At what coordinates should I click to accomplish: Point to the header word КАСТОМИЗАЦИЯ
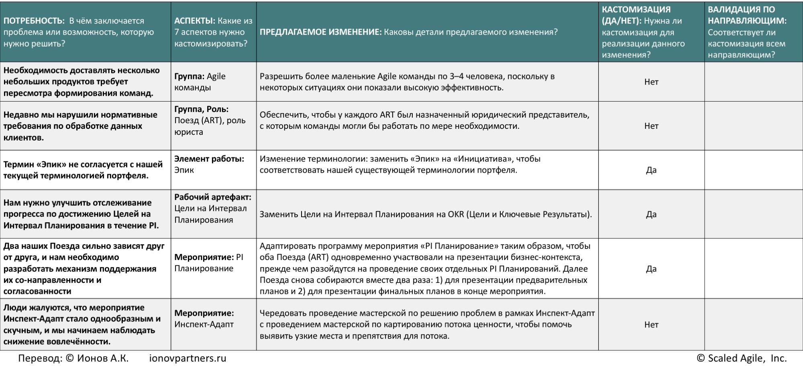tap(636, 10)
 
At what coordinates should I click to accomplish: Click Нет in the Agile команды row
tap(651, 82)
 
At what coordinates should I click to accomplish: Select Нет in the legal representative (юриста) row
tap(651, 126)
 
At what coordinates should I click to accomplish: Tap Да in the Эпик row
tap(651, 170)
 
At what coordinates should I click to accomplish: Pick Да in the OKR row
tap(651, 214)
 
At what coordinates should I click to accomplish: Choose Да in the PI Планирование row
tap(651, 269)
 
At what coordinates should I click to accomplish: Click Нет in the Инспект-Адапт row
tap(651, 325)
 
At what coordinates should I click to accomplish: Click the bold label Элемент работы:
tap(209, 159)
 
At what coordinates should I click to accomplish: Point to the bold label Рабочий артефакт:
tap(212, 197)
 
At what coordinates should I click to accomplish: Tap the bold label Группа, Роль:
tap(201, 109)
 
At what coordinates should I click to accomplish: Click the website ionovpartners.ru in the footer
tap(188, 358)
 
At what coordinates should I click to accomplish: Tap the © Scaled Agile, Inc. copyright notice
tap(742, 358)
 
